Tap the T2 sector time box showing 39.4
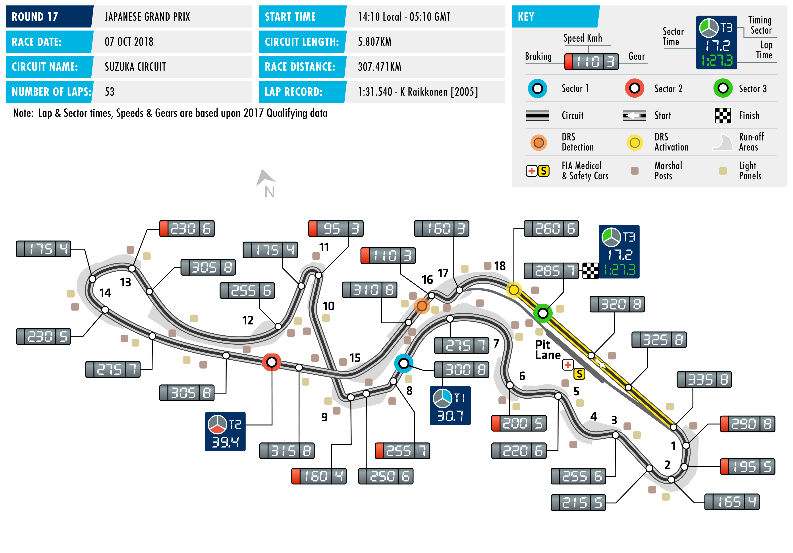point(225,432)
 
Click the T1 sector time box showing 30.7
point(450,405)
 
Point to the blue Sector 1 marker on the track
point(403,363)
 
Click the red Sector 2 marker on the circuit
point(272,362)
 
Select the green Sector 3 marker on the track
point(543,313)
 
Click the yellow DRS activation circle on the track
point(514,290)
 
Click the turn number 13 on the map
point(125,282)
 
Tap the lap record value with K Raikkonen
point(418,92)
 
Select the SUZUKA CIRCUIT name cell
point(135,67)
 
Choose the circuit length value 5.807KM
point(374,42)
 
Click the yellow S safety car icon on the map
point(579,374)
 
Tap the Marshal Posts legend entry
point(663,171)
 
